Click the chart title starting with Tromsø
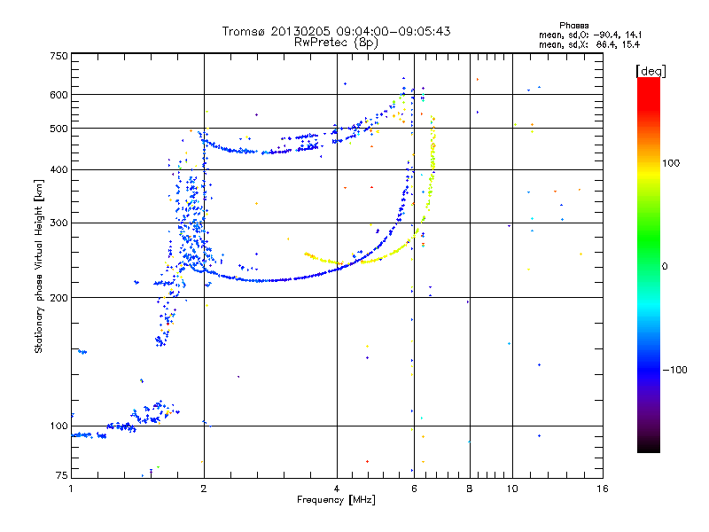[x=336, y=31]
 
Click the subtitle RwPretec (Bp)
[x=336, y=42]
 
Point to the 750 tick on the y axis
[x=58, y=56]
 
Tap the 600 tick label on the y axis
[x=58, y=95]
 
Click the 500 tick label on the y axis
[x=58, y=129]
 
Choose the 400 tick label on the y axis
[x=58, y=170]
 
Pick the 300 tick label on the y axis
[x=58, y=223]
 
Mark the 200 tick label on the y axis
[x=58, y=298]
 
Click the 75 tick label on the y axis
[x=61, y=477]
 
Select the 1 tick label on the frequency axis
[x=72, y=488]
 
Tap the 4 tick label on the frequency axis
[x=337, y=488]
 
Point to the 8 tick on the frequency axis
[x=470, y=488]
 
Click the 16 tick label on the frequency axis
[x=602, y=488]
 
